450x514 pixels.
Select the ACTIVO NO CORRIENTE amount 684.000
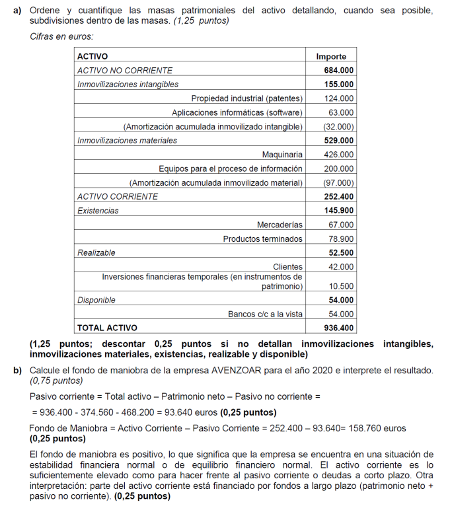click(339, 70)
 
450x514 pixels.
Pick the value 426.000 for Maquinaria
click(339, 155)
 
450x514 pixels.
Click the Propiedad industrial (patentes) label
click(246, 98)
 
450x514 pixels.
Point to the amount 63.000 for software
click(341, 112)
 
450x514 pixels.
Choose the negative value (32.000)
click(339, 126)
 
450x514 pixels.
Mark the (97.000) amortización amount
click(339, 182)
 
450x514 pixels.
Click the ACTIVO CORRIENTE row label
click(118, 196)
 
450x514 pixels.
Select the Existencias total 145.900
click(339, 211)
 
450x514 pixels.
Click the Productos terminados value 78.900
click(341, 239)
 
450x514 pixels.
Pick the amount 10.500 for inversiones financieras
click(341, 287)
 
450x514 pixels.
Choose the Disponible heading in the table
click(96, 300)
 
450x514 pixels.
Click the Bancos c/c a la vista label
click(265, 314)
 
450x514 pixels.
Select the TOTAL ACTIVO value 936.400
click(339, 328)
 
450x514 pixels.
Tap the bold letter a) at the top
click(17, 11)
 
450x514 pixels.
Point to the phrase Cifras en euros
click(61, 36)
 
